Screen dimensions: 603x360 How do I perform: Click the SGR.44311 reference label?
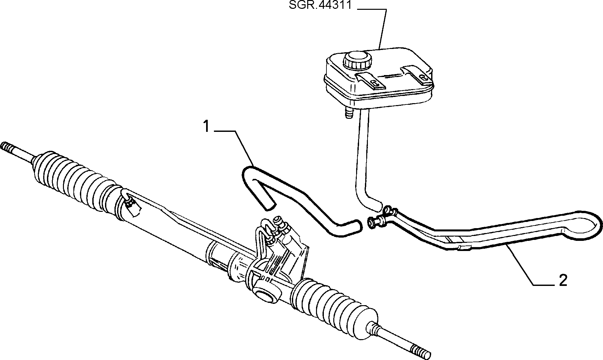pyautogui.click(x=320, y=6)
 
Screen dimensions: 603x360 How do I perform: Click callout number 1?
pyautogui.click(x=206, y=127)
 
